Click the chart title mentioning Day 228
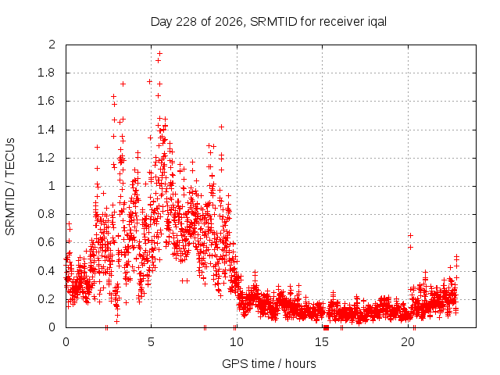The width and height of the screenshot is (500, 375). (x=269, y=22)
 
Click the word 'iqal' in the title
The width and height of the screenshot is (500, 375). (x=376, y=22)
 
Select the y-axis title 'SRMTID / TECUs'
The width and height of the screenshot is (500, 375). (x=10, y=187)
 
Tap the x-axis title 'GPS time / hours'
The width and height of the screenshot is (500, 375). (x=269, y=363)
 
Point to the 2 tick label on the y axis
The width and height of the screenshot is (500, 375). (x=52, y=45)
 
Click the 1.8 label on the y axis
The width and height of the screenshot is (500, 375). (x=47, y=73)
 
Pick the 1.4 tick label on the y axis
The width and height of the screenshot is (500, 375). (x=47, y=130)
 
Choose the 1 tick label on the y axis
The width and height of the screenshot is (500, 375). (x=52, y=186)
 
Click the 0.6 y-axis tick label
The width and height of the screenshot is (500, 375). (x=47, y=242)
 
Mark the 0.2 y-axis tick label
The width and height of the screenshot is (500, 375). (x=47, y=299)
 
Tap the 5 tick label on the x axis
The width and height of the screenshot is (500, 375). (x=151, y=342)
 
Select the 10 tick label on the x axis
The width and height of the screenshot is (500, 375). (x=237, y=342)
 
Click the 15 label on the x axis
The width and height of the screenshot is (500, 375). (x=322, y=342)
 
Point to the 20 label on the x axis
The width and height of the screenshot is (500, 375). (x=408, y=342)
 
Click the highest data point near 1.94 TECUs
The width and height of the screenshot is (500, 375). (x=159, y=53)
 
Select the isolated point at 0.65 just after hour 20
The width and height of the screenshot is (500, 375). (x=411, y=235)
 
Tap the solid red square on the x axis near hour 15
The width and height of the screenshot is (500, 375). (x=326, y=327)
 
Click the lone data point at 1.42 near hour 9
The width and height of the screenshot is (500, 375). (x=222, y=127)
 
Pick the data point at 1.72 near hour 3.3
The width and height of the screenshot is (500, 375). (x=123, y=84)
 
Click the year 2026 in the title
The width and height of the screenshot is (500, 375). (x=229, y=22)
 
